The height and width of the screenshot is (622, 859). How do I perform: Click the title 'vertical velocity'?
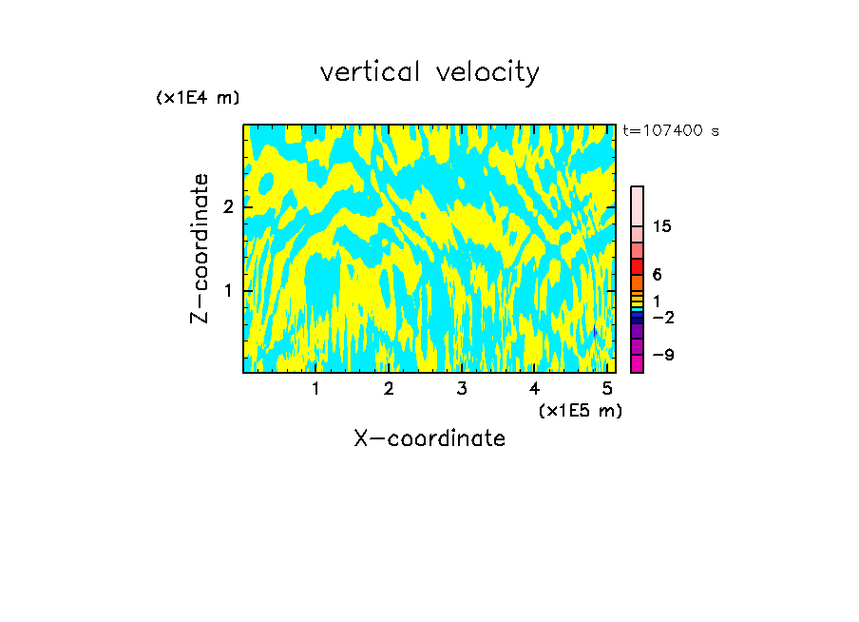[x=429, y=72]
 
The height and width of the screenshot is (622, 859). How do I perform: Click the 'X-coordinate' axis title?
[x=429, y=438]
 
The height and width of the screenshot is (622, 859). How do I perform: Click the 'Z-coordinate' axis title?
[x=200, y=248]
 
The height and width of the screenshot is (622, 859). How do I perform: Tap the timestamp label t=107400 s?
[x=671, y=130]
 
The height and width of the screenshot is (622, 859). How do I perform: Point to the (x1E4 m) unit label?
[x=198, y=98]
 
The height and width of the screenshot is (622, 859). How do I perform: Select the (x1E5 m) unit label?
[x=580, y=410]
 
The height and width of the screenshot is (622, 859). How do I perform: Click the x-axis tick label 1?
[x=315, y=388]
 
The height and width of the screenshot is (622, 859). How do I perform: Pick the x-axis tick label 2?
[x=389, y=388]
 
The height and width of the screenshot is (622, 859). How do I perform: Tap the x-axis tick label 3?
[x=462, y=388]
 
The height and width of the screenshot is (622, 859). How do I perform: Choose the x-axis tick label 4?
[x=535, y=388]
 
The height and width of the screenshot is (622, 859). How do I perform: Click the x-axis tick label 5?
[x=607, y=388]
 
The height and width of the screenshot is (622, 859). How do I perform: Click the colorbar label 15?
[x=662, y=226]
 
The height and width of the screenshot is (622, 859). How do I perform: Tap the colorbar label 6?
[x=657, y=275]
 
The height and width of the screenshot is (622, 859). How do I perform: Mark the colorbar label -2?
[x=662, y=318]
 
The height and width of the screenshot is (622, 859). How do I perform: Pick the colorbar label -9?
[x=662, y=355]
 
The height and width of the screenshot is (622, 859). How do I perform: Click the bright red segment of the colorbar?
[x=637, y=266]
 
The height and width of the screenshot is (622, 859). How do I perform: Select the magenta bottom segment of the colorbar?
[x=637, y=363]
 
